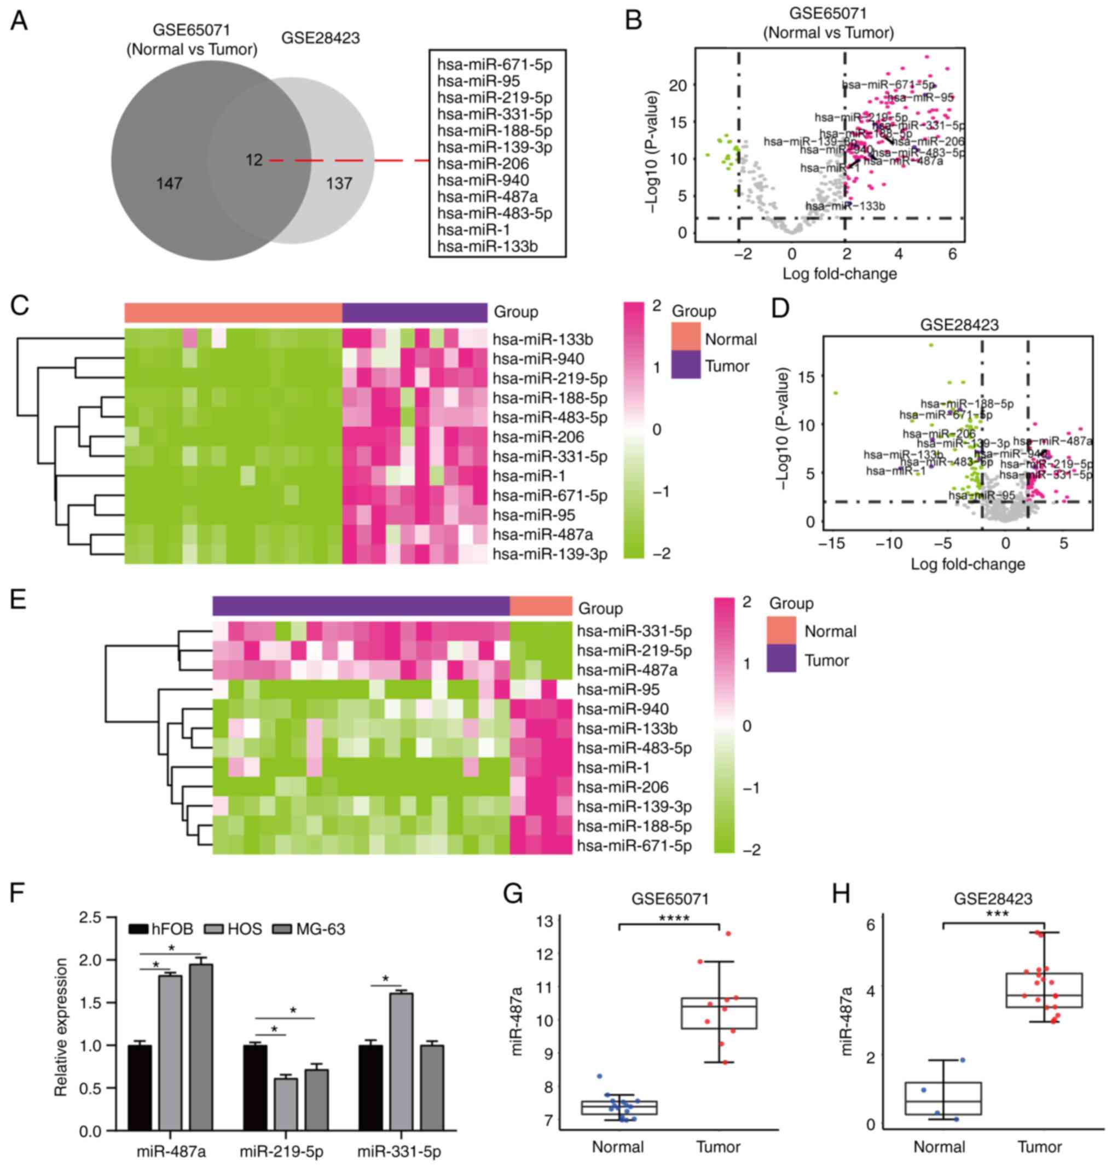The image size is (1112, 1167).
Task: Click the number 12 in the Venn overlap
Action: coord(254,160)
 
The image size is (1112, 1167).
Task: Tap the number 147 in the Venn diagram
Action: coord(169,184)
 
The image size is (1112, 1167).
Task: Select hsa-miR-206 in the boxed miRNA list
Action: coord(483,164)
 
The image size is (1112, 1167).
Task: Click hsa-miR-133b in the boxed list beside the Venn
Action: coord(487,246)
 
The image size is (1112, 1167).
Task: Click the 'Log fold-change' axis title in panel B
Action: coord(839,274)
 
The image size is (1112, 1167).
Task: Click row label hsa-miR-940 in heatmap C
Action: coord(538,359)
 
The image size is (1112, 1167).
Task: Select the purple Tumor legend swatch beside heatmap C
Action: coord(686,365)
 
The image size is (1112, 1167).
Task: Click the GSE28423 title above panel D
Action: coord(959,325)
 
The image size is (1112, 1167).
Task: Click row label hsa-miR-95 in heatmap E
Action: coord(618,689)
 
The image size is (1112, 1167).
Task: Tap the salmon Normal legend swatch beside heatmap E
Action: coord(781,631)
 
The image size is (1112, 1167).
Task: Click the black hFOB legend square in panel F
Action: coord(138,929)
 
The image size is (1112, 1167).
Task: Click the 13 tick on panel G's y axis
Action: coord(544,921)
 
